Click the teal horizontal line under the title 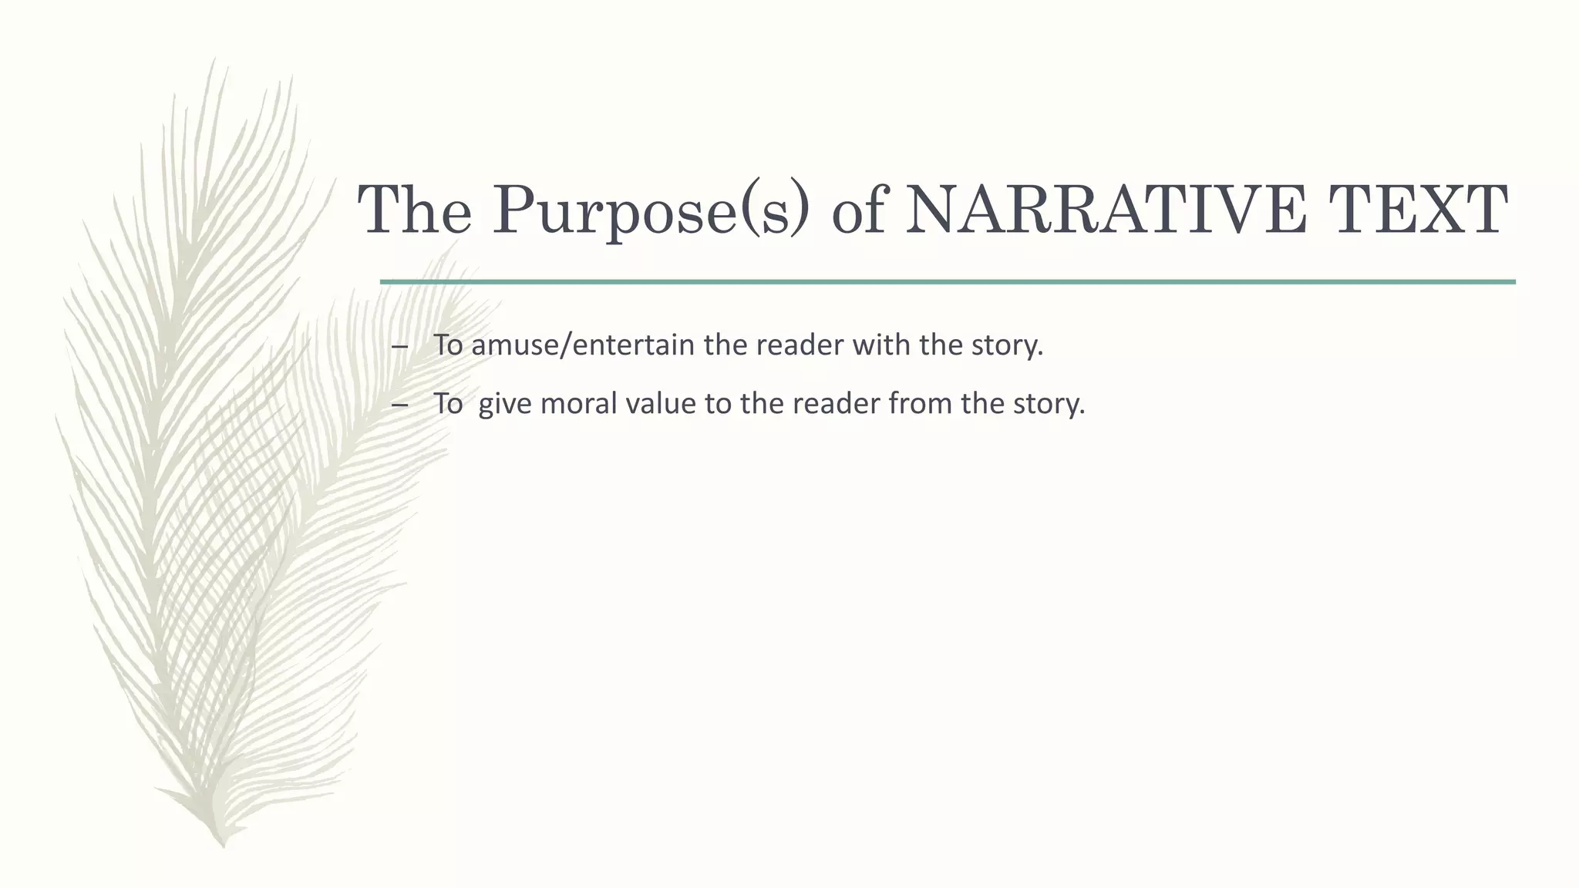(948, 282)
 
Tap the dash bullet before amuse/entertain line (399, 346)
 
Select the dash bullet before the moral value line (399, 405)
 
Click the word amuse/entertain (583, 345)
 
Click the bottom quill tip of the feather (223, 843)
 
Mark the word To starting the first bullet (448, 345)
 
